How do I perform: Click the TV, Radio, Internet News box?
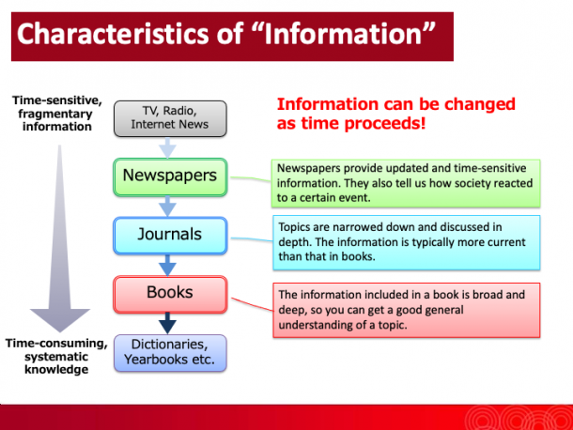click(x=170, y=118)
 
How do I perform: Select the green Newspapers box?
click(x=170, y=177)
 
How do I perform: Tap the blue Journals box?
click(x=170, y=236)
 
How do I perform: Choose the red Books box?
click(x=170, y=295)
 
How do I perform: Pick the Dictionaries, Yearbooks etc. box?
click(x=170, y=353)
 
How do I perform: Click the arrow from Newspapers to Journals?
click(x=168, y=207)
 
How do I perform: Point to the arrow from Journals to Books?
click(x=168, y=266)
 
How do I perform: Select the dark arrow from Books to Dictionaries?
click(x=168, y=323)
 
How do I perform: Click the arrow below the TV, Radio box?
click(x=168, y=148)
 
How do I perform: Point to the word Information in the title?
click(x=343, y=34)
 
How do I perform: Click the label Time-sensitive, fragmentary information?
click(x=57, y=114)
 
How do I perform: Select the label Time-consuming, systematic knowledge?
click(x=56, y=356)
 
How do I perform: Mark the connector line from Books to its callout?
click(x=252, y=304)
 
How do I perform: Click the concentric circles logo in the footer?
click(x=519, y=419)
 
